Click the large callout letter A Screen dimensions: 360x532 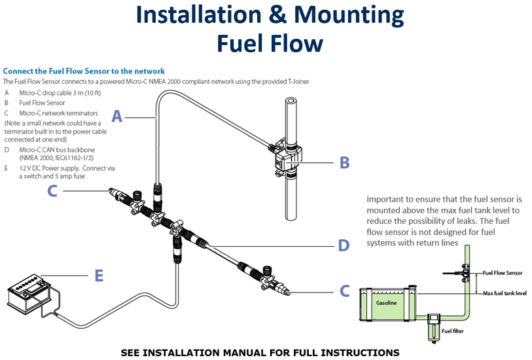click(117, 117)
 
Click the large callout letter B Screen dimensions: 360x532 click(345, 162)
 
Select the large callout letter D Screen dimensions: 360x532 click(344, 245)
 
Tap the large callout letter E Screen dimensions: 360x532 click(99, 276)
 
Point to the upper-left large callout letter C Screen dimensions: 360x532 click(53, 190)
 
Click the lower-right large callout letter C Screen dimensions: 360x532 click(345, 291)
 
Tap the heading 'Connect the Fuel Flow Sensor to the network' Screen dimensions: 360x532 click(84, 71)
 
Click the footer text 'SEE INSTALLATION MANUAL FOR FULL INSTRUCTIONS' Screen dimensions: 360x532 click(260, 352)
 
